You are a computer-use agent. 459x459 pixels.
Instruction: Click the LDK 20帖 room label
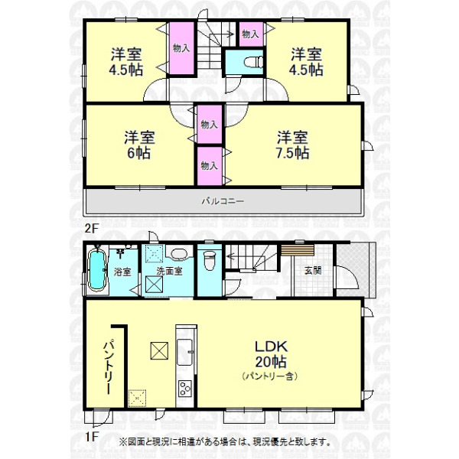point(271,354)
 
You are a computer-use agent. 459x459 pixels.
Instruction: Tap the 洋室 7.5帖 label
point(292,145)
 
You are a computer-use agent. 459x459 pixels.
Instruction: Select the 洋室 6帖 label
point(139,145)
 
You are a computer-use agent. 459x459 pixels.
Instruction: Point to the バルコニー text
point(223,201)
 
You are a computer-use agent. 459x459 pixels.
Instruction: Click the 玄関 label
point(313,271)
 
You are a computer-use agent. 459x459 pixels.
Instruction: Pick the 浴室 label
point(122,272)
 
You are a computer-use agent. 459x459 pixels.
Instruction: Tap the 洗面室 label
point(169,271)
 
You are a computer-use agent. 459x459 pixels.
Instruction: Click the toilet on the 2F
point(253,62)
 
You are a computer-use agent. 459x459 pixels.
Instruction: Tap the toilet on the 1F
point(209,260)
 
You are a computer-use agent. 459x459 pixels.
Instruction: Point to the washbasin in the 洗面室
point(180,254)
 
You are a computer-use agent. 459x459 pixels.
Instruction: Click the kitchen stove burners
point(185,389)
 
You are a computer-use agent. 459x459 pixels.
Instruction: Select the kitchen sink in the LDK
point(184,352)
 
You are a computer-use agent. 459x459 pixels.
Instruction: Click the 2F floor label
point(90,228)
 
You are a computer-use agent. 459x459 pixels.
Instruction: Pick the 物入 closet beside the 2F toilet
point(251,34)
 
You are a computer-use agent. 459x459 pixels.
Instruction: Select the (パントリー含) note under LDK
point(270,376)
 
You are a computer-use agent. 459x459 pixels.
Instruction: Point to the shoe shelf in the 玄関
point(298,251)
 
